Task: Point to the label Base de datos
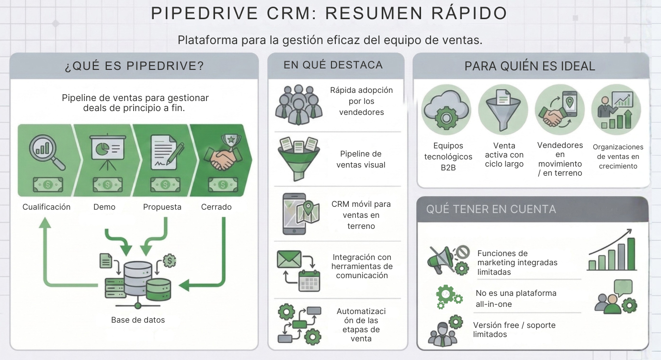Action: point(138,320)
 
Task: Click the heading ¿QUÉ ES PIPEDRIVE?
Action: point(134,66)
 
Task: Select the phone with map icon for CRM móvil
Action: point(299,214)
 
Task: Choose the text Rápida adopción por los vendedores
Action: point(361,101)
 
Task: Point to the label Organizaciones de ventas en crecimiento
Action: point(618,157)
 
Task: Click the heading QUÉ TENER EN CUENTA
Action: point(491,209)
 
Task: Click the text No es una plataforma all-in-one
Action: point(515,298)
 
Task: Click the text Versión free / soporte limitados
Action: point(514,329)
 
